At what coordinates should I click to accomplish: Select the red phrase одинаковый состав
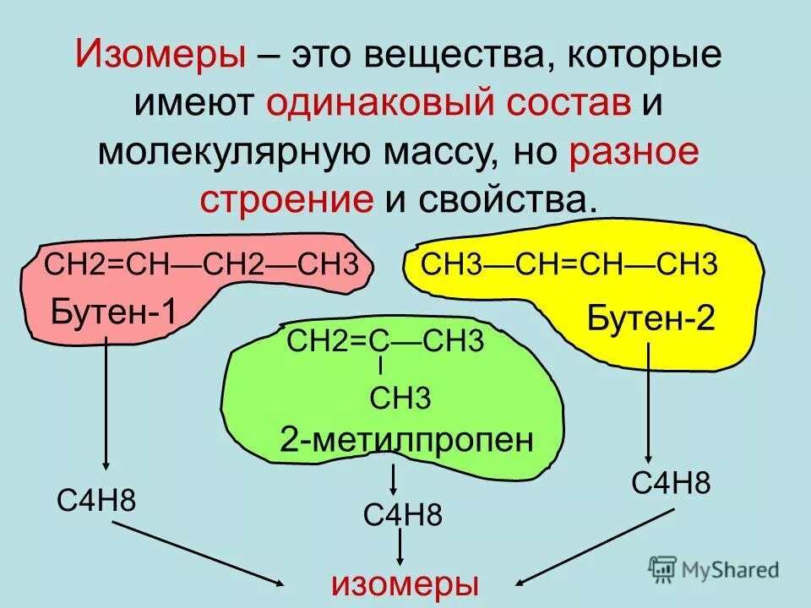[449, 105]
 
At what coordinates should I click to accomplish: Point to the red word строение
[286, 199]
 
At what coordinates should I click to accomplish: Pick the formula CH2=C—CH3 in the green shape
[385, 342]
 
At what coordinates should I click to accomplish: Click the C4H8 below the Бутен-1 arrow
[96, 500]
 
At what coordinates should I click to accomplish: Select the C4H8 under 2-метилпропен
[402, 514]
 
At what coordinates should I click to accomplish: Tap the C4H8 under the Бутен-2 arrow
[671, 484]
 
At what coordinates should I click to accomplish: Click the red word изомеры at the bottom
[405, 584]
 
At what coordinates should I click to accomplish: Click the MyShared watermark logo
[715, 568]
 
